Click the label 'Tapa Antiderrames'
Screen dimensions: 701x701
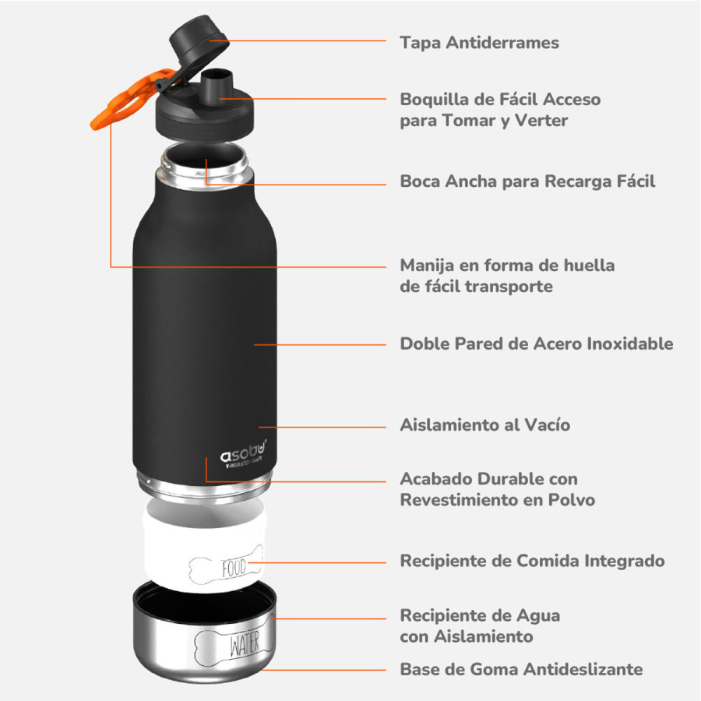point(479,42)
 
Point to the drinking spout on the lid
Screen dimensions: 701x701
point(219,82)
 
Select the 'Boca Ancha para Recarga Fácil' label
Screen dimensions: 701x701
point(527,181)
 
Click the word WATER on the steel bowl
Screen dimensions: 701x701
point(245,645)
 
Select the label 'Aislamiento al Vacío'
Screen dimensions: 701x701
point(484,425)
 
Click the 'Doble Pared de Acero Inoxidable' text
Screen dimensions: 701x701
point(536,343)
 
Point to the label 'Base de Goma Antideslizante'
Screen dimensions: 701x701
point(520,669)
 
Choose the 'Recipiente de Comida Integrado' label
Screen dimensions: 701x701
point(532,561)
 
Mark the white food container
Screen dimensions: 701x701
point(204,545)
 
